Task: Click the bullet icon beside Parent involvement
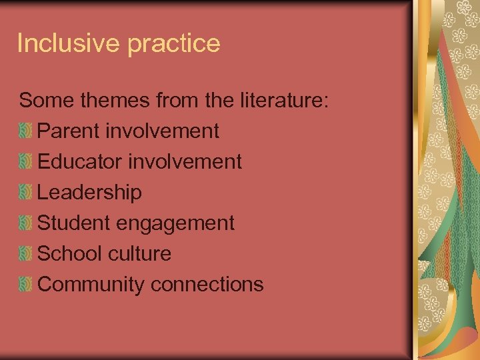click(25, 131)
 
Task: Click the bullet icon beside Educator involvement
click(25, 162)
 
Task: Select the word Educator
click(79, 161)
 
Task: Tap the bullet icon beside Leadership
click(25, 193)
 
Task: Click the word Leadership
click(89, 193)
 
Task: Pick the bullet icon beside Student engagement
click(25, 223)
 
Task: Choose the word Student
click(75, 223)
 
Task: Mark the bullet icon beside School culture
click(25, 254)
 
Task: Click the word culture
click(143, 253)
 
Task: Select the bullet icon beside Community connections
click(25, 285)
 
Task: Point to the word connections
click(207, 285)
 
